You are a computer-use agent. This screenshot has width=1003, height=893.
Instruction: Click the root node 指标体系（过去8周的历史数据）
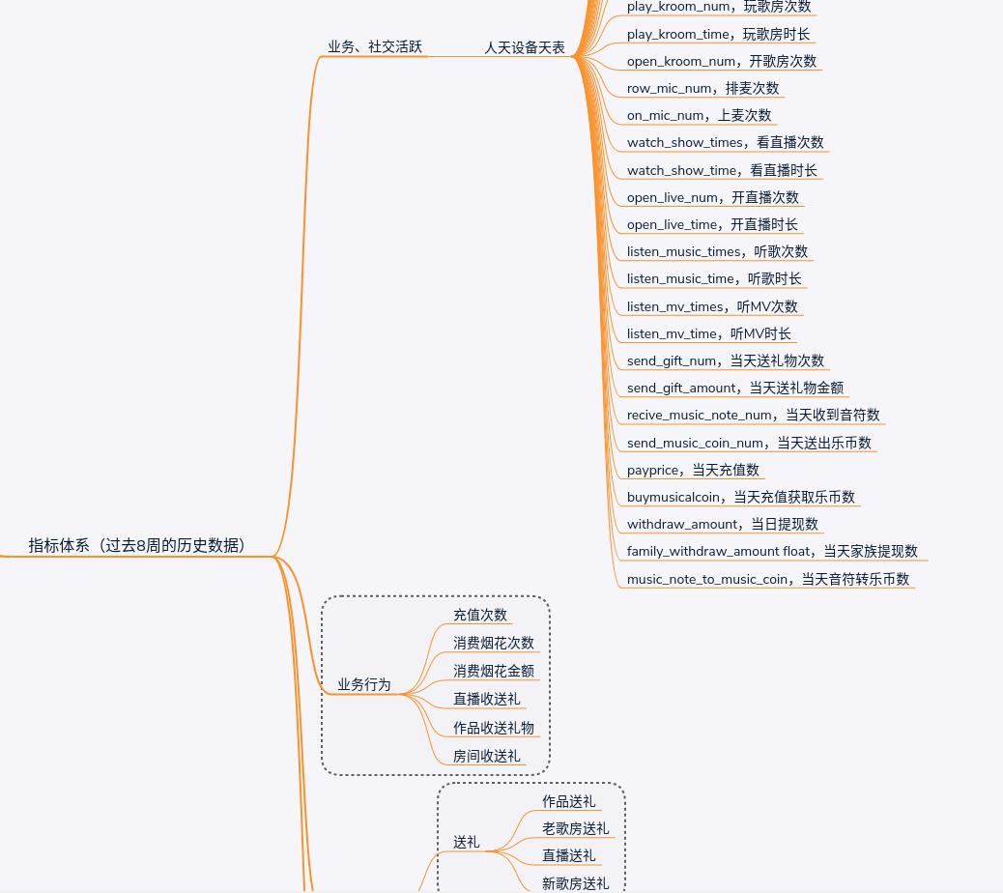click(x=136, y=545)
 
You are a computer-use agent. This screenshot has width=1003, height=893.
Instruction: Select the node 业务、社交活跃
click(x=375, y=46)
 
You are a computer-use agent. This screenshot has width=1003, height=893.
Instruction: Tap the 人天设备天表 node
click(x=525, y=46)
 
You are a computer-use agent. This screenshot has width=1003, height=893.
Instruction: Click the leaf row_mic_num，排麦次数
click(x=702, y=88)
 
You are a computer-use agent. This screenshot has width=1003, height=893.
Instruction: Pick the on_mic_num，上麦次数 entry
click(x=699, y=115)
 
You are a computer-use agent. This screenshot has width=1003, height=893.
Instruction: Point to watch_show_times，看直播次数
click(x=725, y=142)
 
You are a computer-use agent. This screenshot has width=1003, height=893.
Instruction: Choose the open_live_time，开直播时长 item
click(x=712, y=224)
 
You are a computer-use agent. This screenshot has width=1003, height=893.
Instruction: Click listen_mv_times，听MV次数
click(x=712, y=306)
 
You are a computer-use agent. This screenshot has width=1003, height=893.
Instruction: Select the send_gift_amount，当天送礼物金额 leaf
click(x=734, y=388)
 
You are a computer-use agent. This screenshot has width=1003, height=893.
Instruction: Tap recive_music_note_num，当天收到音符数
click(x=753, y=415)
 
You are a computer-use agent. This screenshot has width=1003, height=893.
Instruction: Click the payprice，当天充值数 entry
click(x=693, y=470)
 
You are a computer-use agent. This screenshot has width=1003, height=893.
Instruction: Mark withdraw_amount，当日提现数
click(x=722, y=524)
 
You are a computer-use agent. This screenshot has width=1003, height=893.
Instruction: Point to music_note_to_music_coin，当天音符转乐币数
click(x=767, y=579)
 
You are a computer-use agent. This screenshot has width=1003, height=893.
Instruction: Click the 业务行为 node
click(x=364, y=684)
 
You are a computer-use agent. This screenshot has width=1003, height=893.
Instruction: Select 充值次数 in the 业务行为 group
click(x=480, y=615)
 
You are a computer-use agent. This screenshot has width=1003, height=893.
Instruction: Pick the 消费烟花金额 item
click(x=494, y=671)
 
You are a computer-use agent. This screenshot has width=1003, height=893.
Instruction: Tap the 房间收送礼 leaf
click(x=486, y=756)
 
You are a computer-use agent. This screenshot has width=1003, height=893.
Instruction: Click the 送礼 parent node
click(x=467, y=842)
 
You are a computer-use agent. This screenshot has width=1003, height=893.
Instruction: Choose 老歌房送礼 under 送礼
click(x=575, y=828)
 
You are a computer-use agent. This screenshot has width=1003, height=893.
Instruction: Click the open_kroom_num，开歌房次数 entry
click(x=721, y=61)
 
